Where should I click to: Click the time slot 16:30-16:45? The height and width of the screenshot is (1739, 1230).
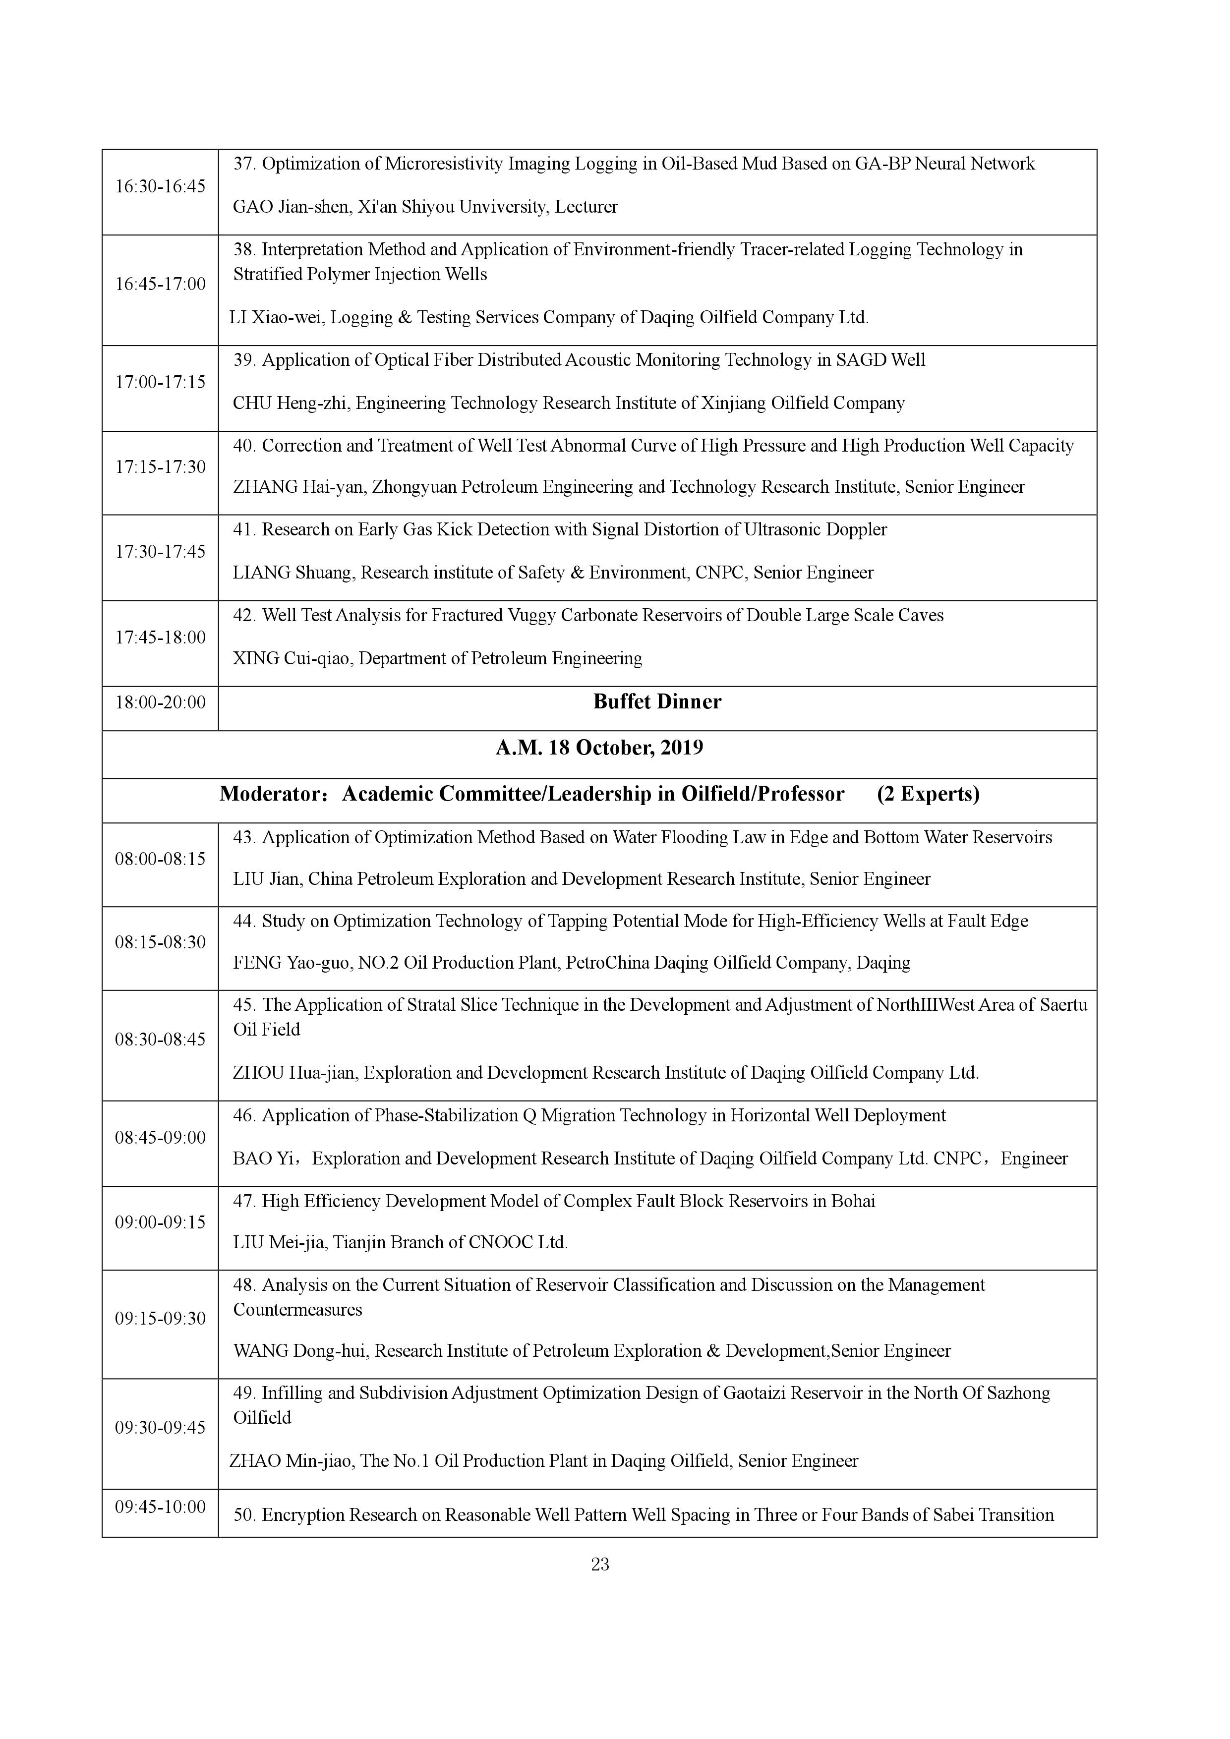point(160,186)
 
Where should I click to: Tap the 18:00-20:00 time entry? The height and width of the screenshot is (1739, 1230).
point(160,702)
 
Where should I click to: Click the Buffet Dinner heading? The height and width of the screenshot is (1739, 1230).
point(657,701)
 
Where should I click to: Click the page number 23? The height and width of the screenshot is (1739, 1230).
point(600,1564)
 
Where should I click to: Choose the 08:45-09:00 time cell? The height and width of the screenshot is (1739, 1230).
point(160,1138)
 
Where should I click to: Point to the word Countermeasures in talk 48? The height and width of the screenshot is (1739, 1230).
point(297,1310)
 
